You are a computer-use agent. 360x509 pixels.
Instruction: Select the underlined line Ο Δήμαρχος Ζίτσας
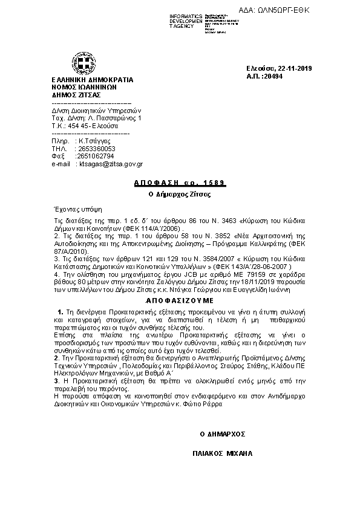[x=180, y=194]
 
